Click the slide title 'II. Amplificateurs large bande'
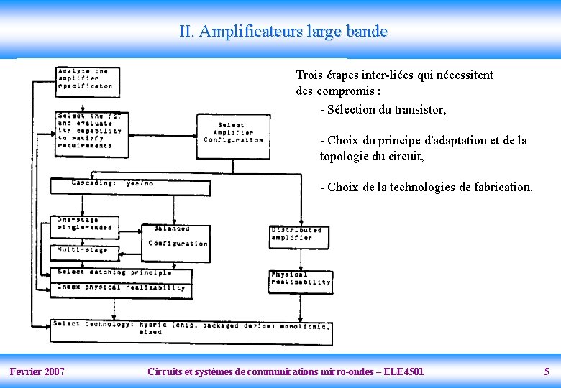[283, 32]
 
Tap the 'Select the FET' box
[92, 134]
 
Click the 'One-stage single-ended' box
[84, 226]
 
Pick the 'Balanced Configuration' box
[175, 238]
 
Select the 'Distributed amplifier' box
[299, 234]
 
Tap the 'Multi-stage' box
[84, 252]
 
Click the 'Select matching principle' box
[120, 273]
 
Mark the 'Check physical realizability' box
[120, 288]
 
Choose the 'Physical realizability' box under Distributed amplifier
[301, 280]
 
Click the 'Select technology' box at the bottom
[191, 331]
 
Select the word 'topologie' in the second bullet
[346, 155]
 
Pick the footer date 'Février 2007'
[37, 371]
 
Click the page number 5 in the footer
[547, 371]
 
